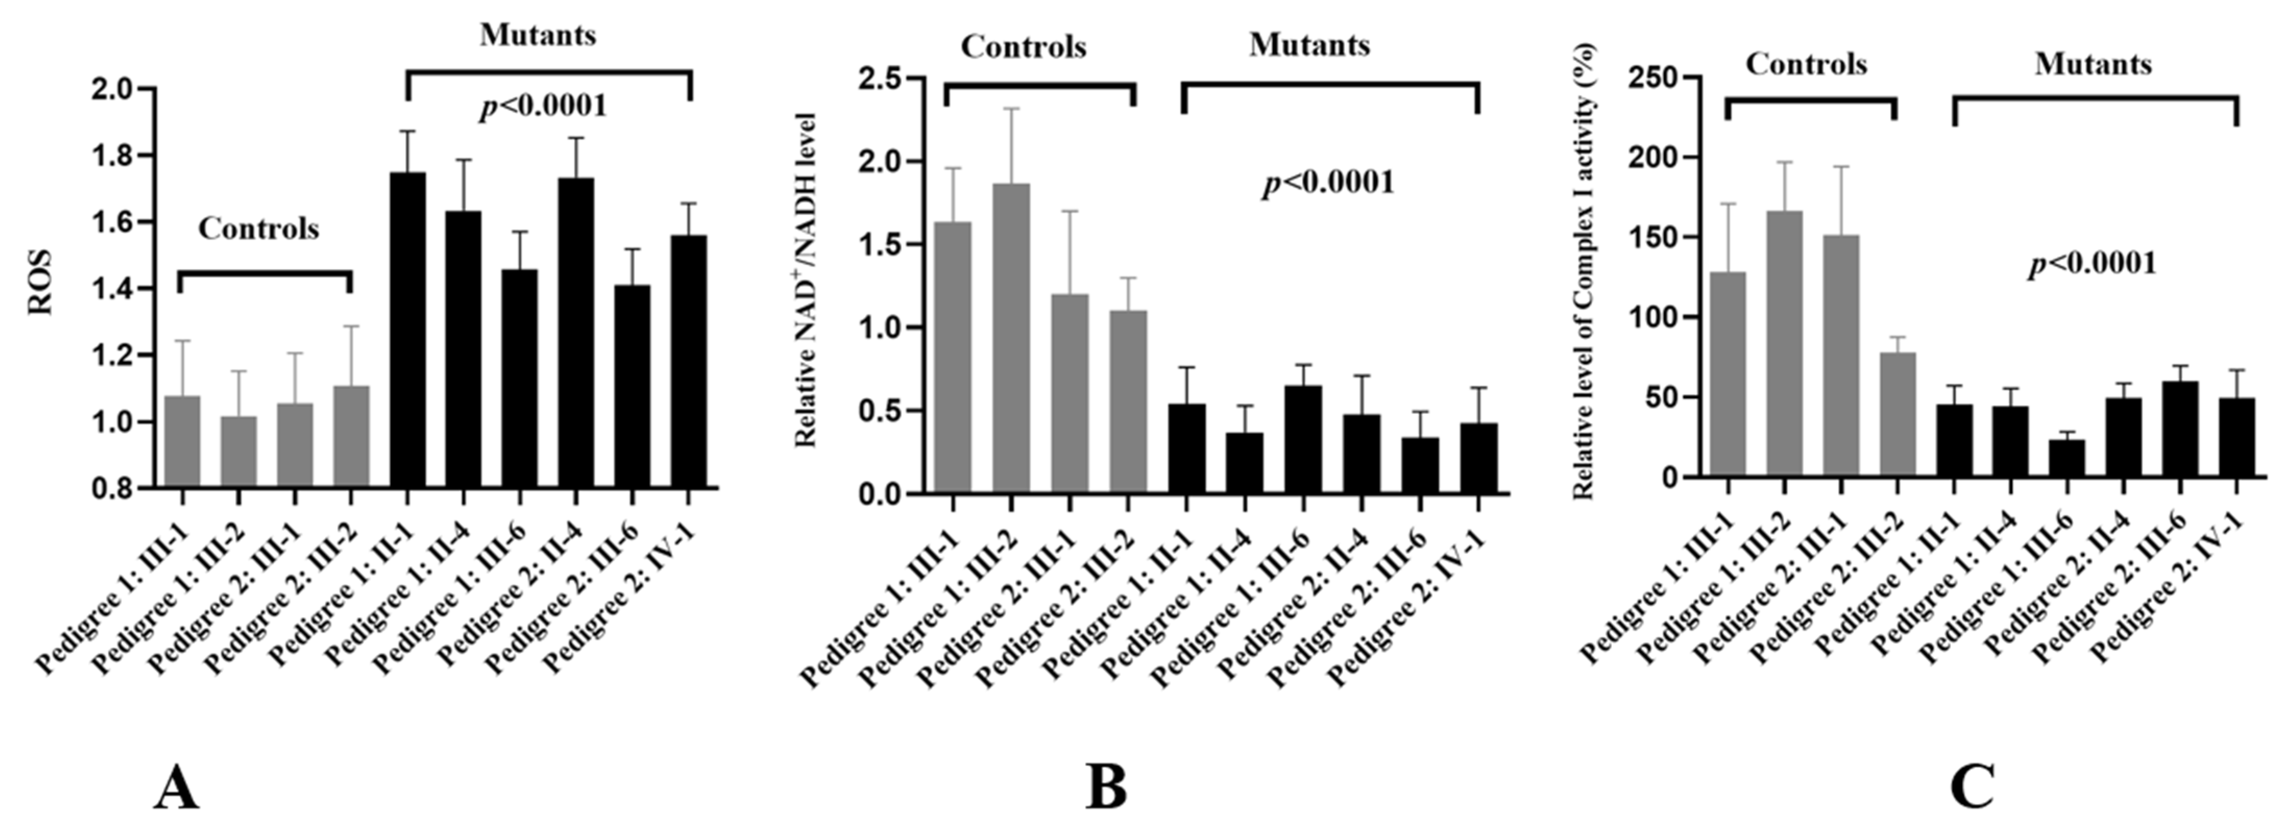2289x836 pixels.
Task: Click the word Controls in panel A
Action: pyautogui.click(x=259, y=229)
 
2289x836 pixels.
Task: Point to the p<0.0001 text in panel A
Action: pyautogui.click(x=543, y=107)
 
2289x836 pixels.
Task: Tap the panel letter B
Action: pyautogui.click(x=1106, y=788)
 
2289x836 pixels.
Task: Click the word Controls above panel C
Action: pyautogui.click(x=1806, y=65)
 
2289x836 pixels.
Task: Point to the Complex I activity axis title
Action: pyautogui.click(x=1584, y=272)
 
